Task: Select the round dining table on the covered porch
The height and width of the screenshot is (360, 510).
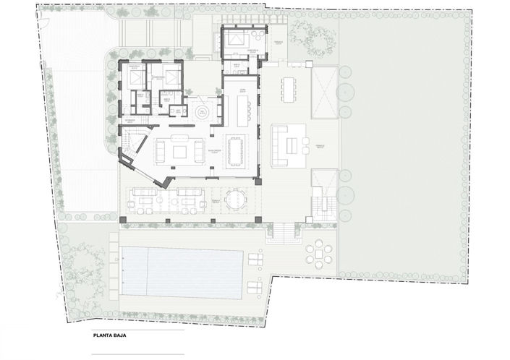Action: point(234,200)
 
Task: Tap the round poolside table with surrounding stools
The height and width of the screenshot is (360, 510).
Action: point(319,254)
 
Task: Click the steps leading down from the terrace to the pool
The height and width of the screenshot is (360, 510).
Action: point(281,232)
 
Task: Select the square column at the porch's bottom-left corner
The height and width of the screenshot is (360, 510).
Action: point(123,219)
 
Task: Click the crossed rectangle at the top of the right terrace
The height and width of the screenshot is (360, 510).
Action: point(324,92)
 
